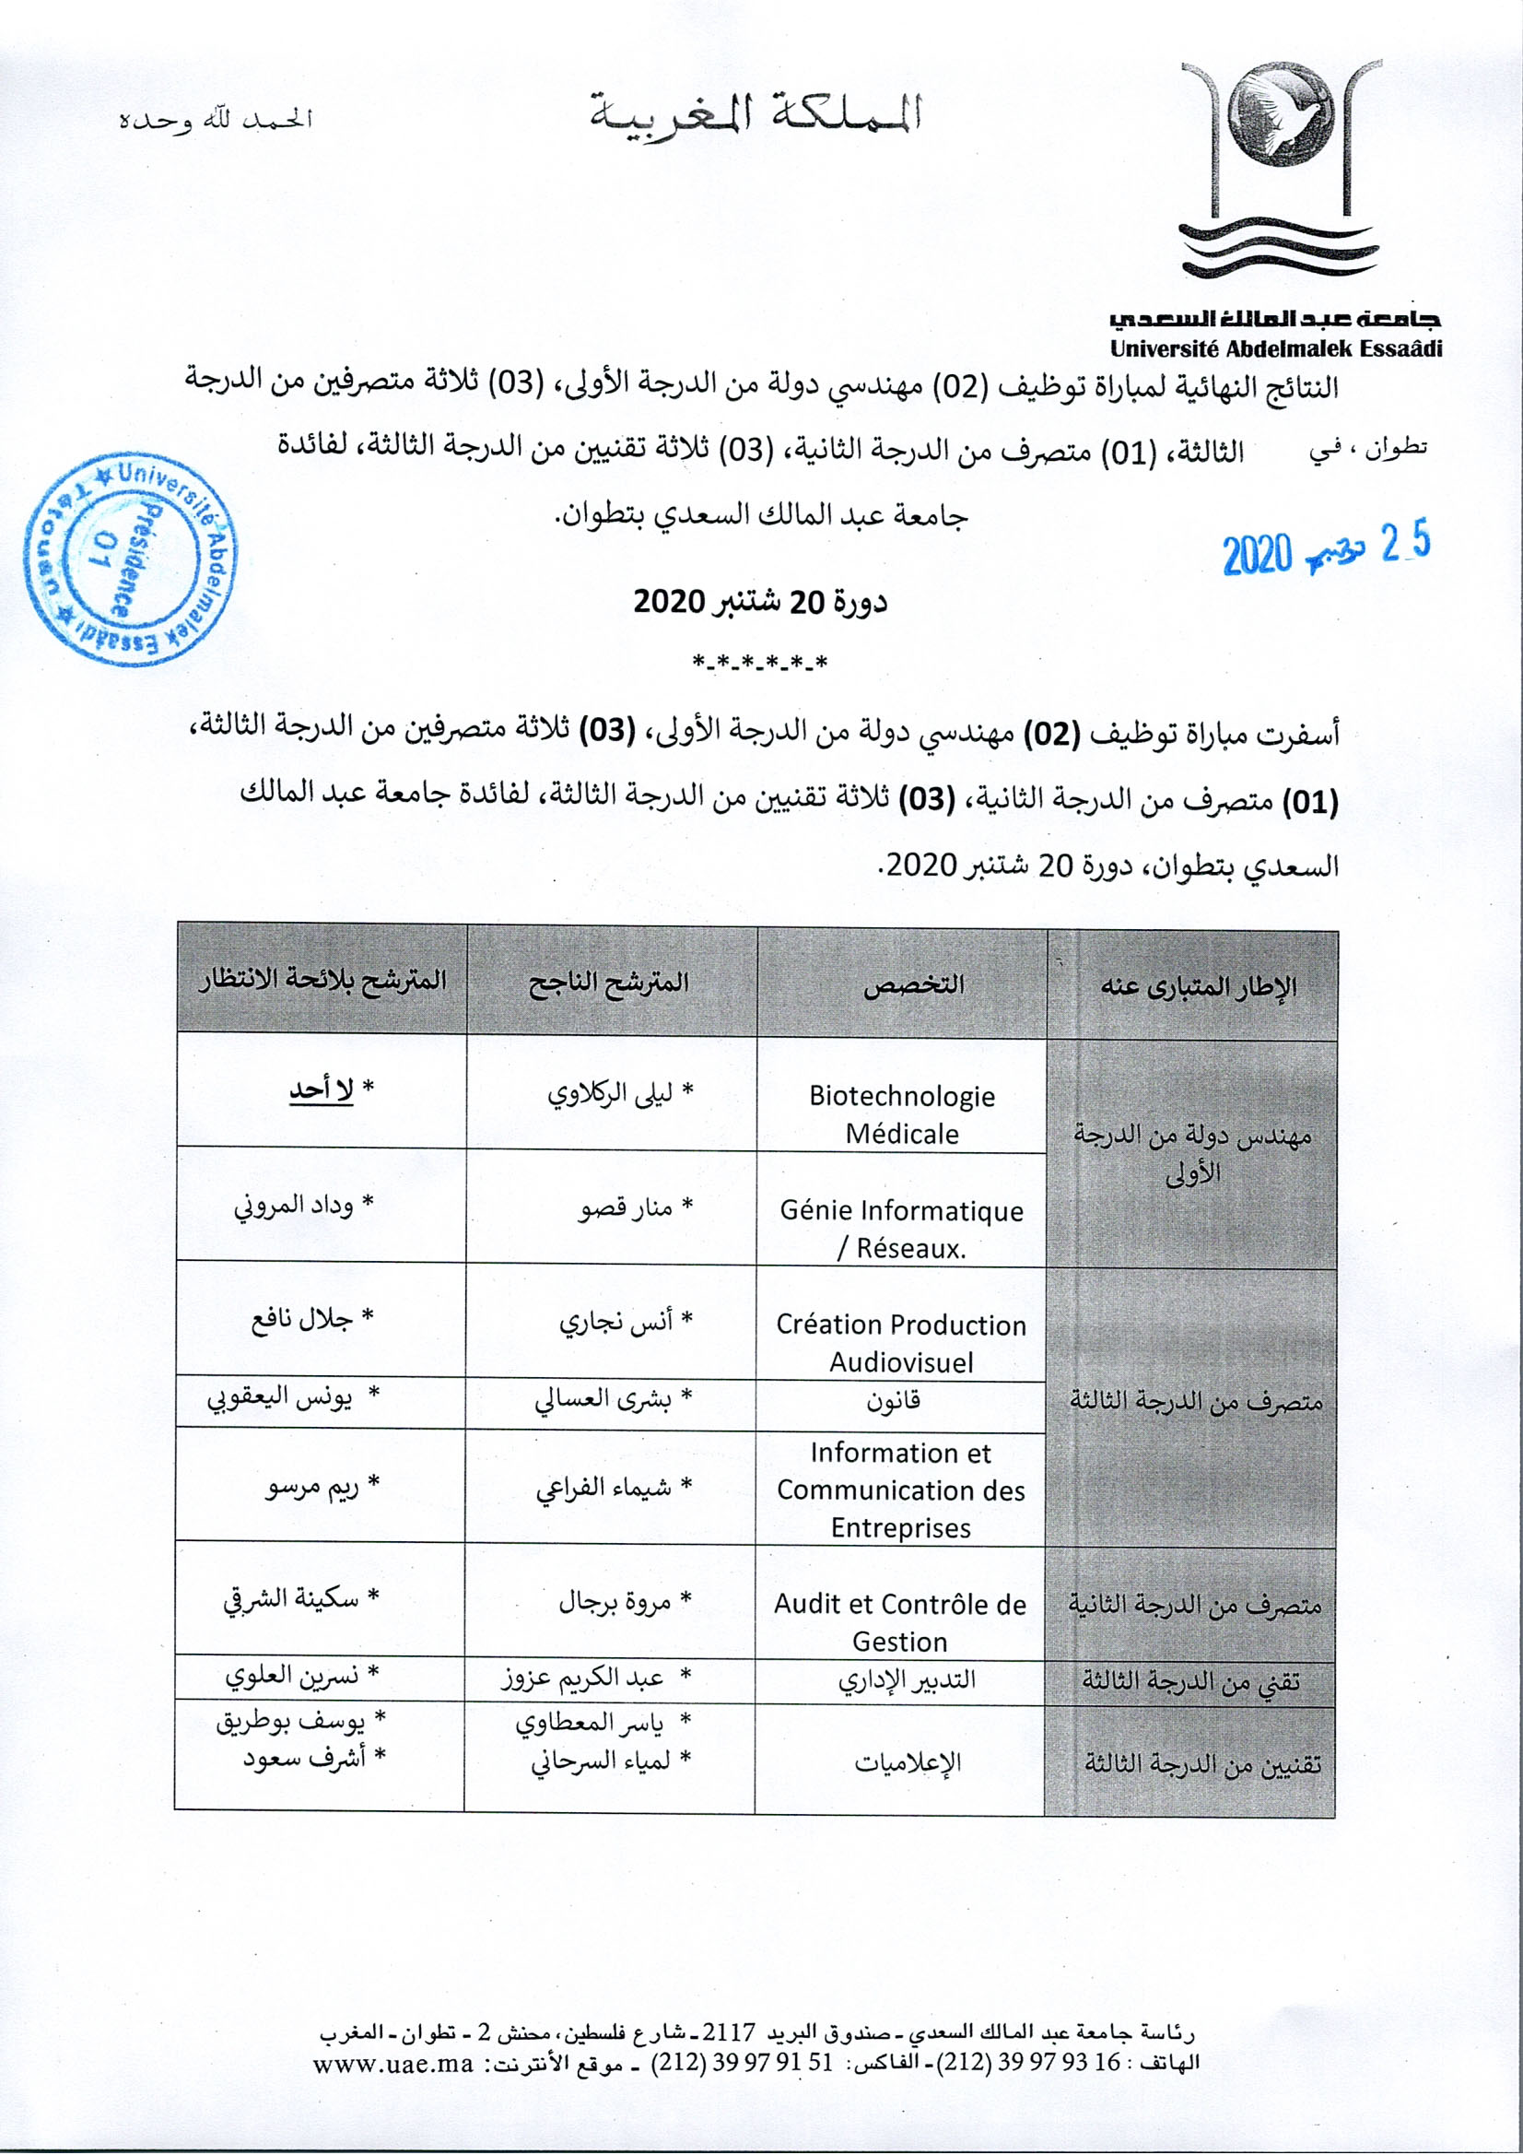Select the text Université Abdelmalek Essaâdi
pos(1276,349)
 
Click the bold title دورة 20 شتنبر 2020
pos(760,602)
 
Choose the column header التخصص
pos(901,984)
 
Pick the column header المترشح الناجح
pos(610,983)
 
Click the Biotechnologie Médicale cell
pos(901,1114)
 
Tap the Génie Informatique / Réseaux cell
pos(901,1229)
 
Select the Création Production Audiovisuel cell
pos(901,1342)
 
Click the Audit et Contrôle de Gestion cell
pos(899,1622)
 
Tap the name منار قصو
pos(628,1208)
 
